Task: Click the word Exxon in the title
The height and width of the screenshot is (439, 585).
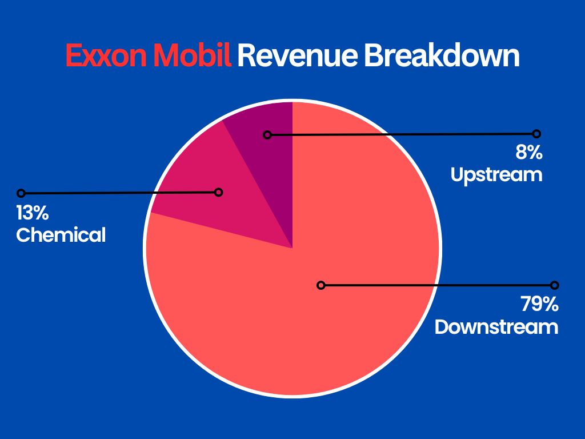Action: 106,56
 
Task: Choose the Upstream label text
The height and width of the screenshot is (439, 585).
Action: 496,174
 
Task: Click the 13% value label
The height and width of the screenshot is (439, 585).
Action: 32,214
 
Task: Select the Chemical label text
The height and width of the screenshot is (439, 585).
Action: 61,235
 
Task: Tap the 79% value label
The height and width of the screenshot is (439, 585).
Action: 539,305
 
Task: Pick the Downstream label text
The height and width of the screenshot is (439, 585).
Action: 496,327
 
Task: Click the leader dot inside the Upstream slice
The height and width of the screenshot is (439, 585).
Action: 267,135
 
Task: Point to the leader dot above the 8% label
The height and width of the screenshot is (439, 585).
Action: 536,134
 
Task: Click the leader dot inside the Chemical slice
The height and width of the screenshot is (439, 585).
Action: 218,192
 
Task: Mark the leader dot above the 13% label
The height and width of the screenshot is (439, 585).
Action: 21,193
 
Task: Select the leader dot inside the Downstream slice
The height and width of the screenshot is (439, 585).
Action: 321,285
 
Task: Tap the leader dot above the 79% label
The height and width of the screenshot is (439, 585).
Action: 554,285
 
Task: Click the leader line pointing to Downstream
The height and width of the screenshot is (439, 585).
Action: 437,285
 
